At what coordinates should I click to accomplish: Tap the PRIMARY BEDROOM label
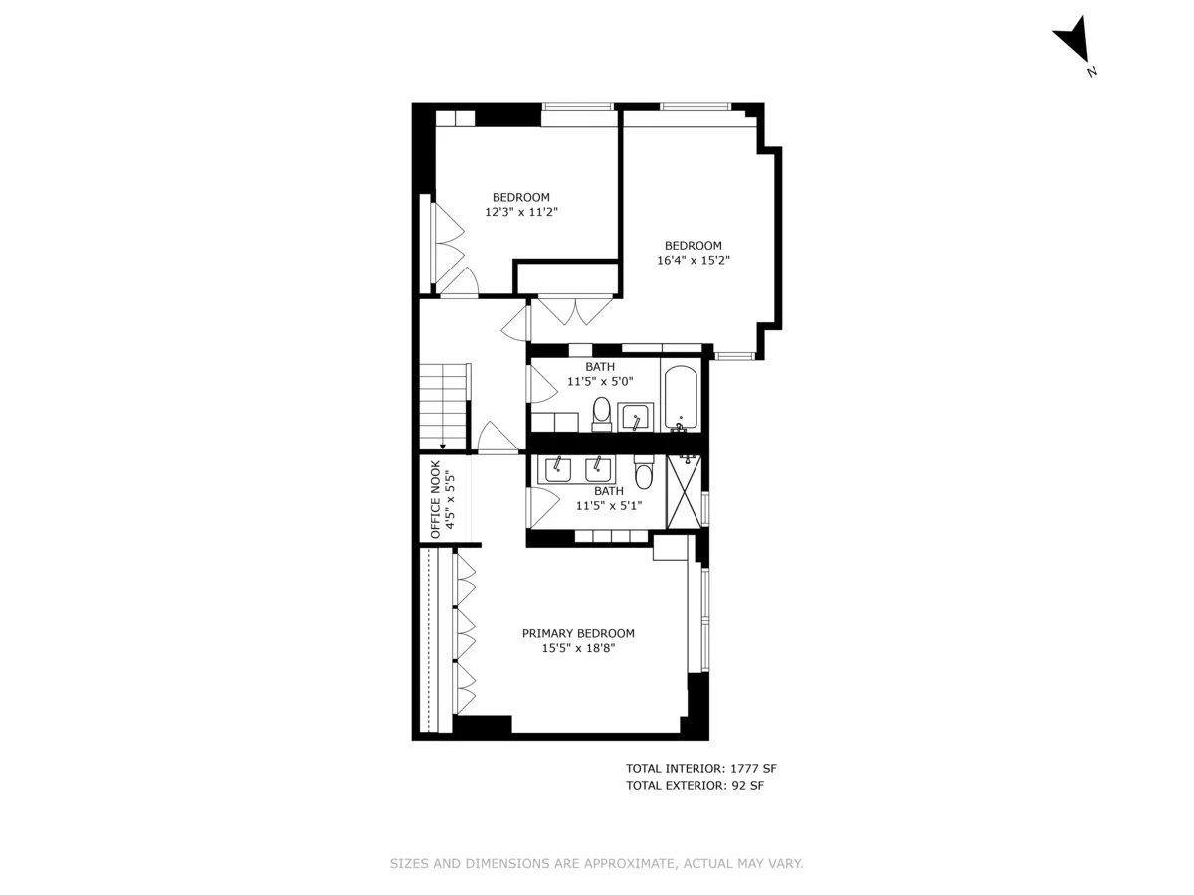[578, 633]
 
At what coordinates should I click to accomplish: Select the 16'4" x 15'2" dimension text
[694, 261]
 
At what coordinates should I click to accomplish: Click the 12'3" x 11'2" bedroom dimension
[521, 212]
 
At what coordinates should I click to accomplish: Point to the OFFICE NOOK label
[435, 499]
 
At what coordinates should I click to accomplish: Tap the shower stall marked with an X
[684, 491]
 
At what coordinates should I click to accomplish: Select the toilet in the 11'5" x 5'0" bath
[602, 412]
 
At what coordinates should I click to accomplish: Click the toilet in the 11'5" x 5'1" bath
[643, 476]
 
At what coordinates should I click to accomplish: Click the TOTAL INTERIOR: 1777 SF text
[695, 768]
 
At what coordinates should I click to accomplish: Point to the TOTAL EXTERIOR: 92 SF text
[695, 786]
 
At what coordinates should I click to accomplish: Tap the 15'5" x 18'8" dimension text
[579, 648]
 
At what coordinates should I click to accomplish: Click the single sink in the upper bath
[634, 419]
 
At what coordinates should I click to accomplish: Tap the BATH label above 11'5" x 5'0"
[600, 367]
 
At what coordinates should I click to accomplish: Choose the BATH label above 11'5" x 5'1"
[609, 491]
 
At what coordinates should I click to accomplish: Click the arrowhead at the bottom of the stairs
[442, 447]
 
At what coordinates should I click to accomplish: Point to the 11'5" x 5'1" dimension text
[609, 505]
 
